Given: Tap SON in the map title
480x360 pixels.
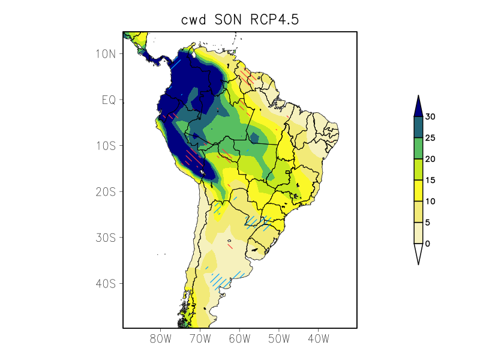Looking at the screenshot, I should pos(231,20).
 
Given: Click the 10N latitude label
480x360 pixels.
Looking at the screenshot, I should pos(106,54).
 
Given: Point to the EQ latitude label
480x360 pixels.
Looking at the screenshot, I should pos(108,100).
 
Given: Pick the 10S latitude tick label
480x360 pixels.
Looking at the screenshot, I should pos(106,146).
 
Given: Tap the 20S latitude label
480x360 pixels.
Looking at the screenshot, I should pos(106,191).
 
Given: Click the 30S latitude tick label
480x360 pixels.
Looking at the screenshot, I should pos(106,238).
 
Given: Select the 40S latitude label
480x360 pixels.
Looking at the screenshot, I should pos(106,283).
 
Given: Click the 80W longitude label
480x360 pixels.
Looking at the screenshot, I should pos(161,339).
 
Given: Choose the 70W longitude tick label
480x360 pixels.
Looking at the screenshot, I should pos(200,339).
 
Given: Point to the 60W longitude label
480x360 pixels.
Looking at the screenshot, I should pos(239,339).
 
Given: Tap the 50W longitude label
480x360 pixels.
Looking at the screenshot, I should pos(279,339).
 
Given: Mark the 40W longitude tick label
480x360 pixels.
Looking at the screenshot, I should pos(318,339).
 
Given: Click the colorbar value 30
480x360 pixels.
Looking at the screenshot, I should pos(430,117).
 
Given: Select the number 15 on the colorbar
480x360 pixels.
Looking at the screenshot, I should pos(430,180).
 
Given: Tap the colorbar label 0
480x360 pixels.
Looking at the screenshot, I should pos(427,244).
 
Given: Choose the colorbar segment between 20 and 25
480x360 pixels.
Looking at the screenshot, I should pos(418,148).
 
